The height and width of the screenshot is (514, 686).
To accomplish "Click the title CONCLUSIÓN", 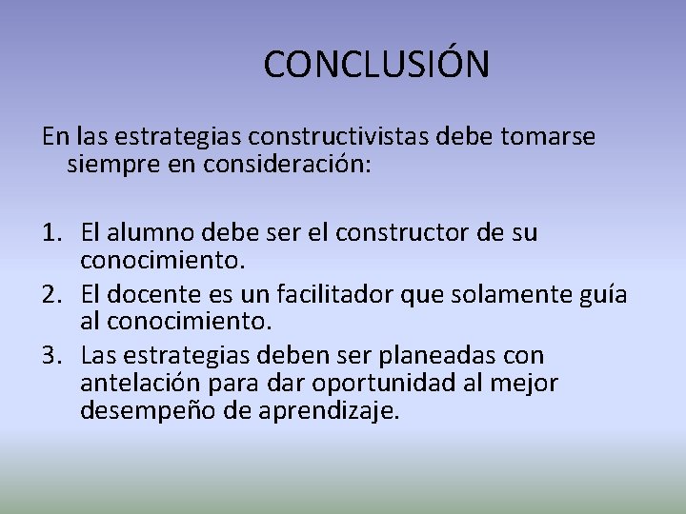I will click(376, 65).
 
